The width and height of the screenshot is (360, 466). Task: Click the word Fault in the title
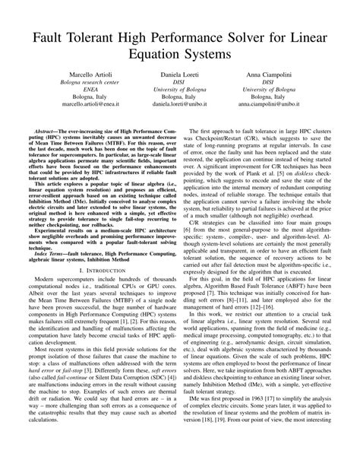click(x=53, y=38)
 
